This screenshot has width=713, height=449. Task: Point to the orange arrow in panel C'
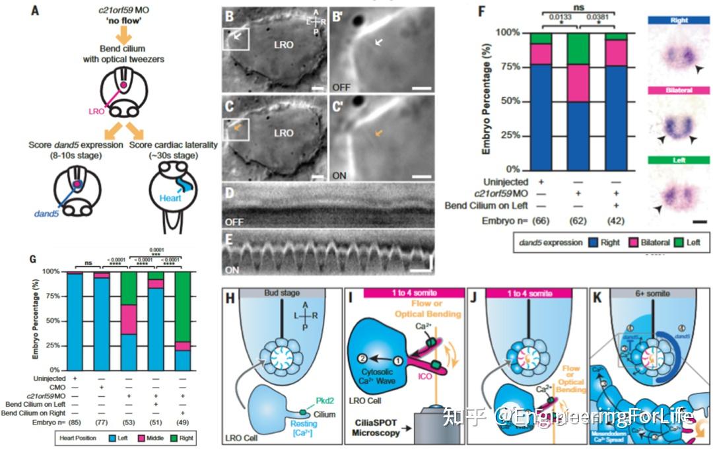(378, 133)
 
